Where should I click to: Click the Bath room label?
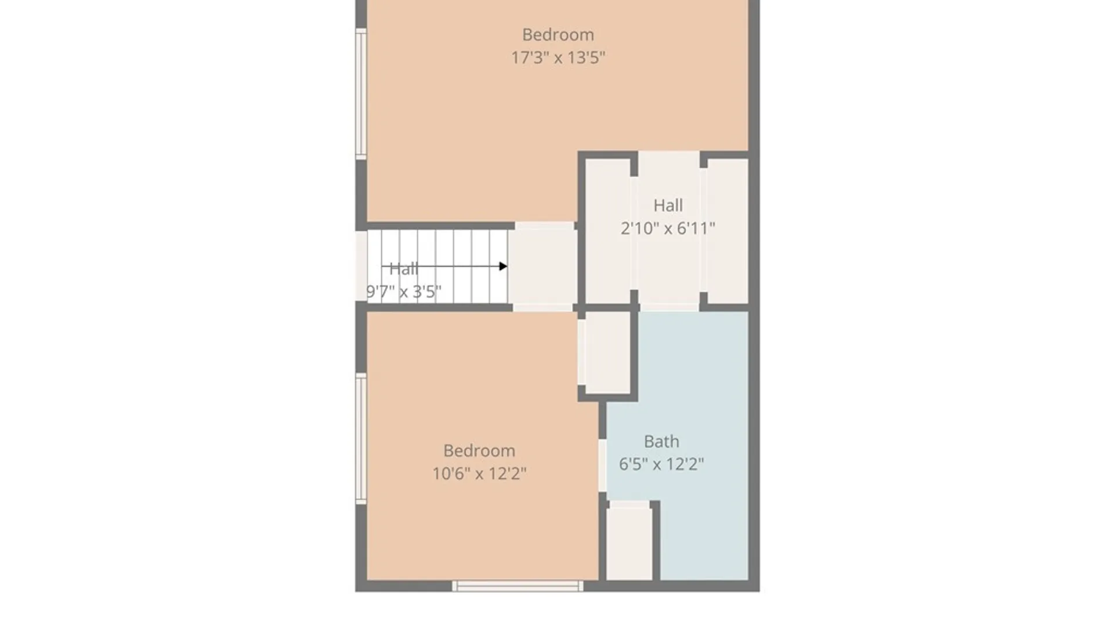click(x=661, y=441)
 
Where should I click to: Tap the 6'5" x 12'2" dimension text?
click(x=661, y=464)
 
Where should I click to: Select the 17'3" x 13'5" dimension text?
click(x=558, y=57)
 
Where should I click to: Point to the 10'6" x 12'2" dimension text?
click(x=479, y=473)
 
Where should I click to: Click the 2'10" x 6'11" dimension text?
click(x=668, y=228)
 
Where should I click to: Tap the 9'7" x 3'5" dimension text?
click(x=404, y=291)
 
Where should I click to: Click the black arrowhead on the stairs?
click(x=503, y=266)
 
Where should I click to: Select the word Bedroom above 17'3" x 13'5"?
click(x=558, y=35)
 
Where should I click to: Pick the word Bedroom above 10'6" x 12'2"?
click(x=479, y=451)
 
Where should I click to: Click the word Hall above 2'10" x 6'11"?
click(x=668, y=206)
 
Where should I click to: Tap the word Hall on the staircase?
click(x=404, y=269)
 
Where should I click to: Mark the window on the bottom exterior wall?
click(x=518, y=586)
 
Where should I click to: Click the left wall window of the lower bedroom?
click(x=361, y=438)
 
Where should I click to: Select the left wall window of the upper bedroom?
click(x=361, y=93)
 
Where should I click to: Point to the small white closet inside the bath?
click(x=629, y=541)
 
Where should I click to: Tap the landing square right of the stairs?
click(x=542, y=266)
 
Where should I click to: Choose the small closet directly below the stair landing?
click(x=607, y=352)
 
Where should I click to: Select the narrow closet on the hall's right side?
click(x=728, y=231)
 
